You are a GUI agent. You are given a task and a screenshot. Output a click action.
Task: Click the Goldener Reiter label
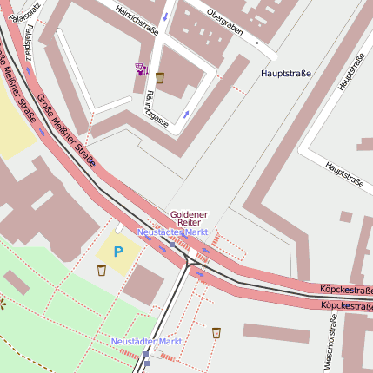coord(189,218)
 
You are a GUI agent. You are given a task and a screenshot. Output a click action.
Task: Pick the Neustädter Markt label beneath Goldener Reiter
coord(172,232)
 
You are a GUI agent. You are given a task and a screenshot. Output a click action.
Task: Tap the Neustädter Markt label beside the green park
coord(145,342)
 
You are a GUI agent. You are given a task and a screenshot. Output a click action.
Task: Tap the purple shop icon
coord(140,69)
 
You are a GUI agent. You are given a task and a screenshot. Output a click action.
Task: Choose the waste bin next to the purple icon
coord(161,77)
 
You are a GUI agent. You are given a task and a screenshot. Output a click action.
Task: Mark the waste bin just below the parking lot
coord(102,271)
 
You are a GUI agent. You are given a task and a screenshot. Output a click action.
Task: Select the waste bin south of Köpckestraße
coord(216,332)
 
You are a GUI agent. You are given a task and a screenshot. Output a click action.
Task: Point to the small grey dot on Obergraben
coord(256,41)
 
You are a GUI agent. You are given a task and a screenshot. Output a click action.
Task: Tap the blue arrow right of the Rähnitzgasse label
coord(185,113)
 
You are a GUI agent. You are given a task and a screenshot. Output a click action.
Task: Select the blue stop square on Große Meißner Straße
coord(172,245)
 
